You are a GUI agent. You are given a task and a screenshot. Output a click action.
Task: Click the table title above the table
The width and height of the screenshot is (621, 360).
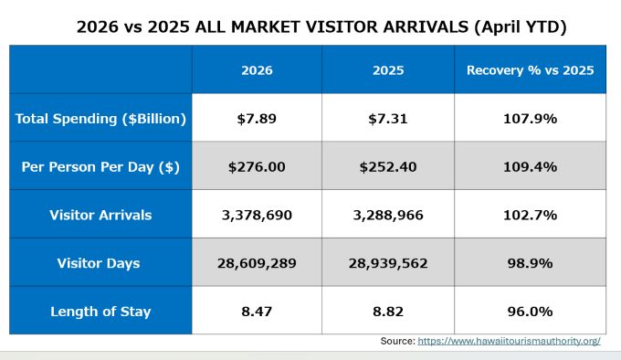(321, 26)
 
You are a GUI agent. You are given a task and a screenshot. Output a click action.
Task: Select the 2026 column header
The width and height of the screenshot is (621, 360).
(257, 70)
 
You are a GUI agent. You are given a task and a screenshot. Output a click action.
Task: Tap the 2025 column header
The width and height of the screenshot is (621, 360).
(388, 70)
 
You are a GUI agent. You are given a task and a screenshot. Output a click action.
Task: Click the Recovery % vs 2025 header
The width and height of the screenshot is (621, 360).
(531, 70)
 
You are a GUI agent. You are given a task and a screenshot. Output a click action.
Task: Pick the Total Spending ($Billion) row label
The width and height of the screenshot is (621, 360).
(100, 119)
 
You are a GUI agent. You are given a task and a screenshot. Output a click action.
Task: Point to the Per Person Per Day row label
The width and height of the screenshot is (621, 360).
(100, 166)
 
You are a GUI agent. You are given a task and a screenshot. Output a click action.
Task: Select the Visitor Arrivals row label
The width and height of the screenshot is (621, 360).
(100, 215)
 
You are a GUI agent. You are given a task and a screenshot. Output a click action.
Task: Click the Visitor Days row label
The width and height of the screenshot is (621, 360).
(99, 263)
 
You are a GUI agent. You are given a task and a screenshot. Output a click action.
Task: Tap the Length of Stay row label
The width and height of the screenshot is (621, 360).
(100, 312)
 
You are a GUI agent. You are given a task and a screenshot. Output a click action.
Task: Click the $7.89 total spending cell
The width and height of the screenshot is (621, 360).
(257, 119)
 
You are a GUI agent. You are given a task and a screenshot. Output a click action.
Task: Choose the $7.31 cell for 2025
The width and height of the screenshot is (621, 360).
(388, 119)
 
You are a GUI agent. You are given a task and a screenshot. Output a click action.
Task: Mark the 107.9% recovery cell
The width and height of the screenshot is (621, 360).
(531, 119)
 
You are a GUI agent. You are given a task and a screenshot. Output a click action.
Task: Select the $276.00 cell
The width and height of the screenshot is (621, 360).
(257, 166)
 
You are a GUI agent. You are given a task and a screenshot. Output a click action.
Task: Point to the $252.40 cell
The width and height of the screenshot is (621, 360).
(388, 166)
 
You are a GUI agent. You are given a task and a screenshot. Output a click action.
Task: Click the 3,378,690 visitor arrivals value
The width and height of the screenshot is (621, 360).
(257, 215)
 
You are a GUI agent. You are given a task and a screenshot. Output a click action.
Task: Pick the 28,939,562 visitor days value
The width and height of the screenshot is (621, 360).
(388, 263)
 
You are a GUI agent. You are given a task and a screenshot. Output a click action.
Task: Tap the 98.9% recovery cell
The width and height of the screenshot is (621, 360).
(531, 263)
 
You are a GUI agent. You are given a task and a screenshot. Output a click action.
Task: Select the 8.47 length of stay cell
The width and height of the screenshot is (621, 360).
(257, 312)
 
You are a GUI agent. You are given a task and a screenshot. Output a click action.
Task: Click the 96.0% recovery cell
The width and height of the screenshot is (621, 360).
(531, 312)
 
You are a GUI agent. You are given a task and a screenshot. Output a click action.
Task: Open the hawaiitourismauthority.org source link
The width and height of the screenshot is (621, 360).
(510, 341)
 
